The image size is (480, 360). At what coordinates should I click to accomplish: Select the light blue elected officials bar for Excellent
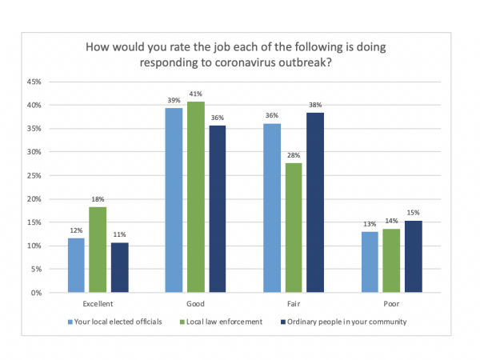(76, 265)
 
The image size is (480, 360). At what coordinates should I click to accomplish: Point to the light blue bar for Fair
(273, 208)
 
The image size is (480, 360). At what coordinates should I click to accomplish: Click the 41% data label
(195, 94)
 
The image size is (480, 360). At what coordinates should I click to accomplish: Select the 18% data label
(98, 199)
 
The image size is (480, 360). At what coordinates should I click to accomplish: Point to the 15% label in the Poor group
(413, 213)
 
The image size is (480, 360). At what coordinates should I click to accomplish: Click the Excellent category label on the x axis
(98, 305)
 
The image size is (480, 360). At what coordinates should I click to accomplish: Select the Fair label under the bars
(294, 305)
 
